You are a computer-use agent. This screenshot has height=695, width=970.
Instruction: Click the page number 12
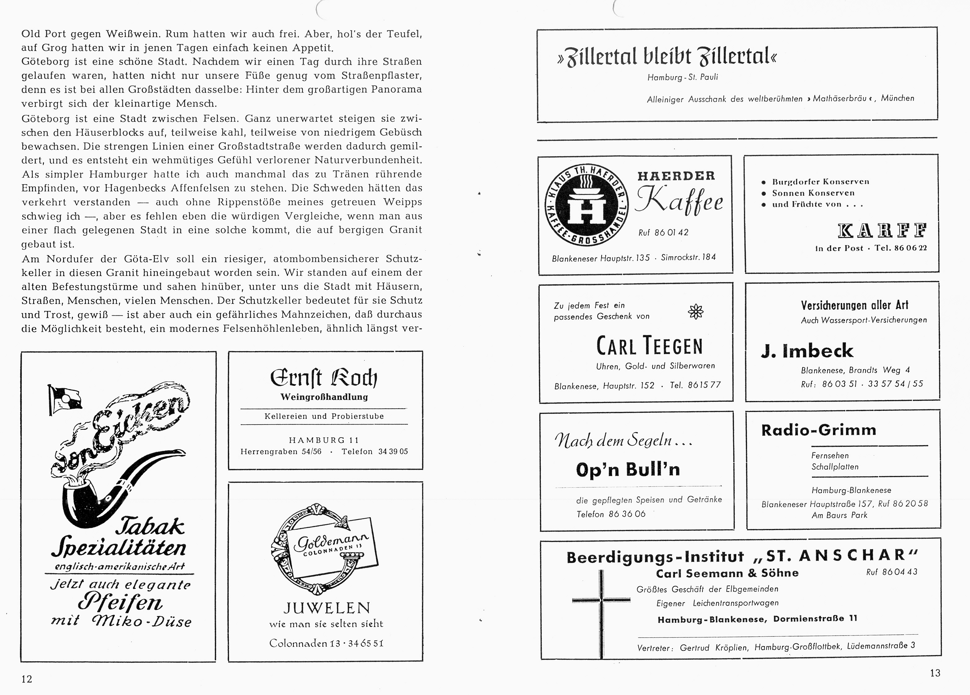pos(27,679)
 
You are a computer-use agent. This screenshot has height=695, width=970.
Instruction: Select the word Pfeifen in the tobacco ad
pos(121,603)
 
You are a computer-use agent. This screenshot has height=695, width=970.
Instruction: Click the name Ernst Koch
pos(324,377)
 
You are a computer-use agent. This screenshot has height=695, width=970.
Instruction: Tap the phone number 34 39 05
pos(393,451)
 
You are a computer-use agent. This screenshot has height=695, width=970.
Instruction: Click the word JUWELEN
pos(326,608)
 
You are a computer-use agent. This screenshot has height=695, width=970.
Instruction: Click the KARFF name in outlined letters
pos(882,231)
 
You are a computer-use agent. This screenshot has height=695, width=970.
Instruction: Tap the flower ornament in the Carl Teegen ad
pos(696,312)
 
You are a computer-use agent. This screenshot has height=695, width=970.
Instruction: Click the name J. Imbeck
pos(807,351)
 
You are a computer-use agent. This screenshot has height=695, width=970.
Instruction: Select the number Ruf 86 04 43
pos(892,572)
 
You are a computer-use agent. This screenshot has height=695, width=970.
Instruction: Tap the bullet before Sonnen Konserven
pos(763,194)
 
